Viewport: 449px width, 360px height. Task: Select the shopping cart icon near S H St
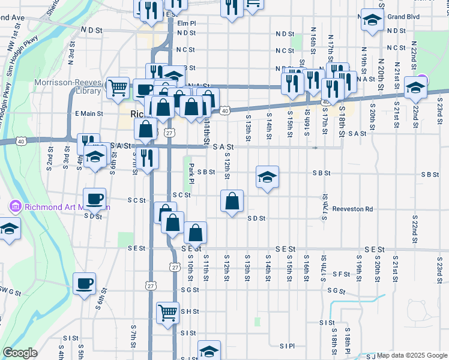(167, 312)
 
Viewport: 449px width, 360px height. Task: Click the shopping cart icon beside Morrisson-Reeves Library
(118, 87)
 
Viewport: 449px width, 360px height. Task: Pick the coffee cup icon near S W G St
(84, 283)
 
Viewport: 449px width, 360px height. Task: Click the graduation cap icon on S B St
(268, 176)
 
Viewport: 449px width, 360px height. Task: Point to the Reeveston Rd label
(353, 209)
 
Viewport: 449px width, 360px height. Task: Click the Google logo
(20, 353)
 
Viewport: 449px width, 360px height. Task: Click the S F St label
(342, 274)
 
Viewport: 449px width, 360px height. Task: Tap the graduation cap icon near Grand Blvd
(372, 20)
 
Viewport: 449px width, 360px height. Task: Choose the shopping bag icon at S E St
(196, 232)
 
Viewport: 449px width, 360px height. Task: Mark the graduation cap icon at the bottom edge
(209, 350)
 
